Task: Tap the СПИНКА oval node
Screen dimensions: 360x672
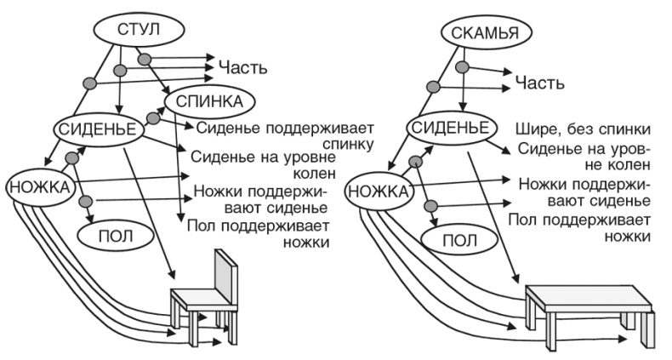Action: [209, 101]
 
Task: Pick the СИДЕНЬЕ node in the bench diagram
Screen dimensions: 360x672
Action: [447, 128]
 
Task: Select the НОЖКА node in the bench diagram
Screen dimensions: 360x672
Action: [379, 191]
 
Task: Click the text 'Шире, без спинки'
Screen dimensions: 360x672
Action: [583, 129]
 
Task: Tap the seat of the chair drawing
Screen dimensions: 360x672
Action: [198, 298]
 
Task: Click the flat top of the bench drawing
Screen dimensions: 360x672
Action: [587, 297]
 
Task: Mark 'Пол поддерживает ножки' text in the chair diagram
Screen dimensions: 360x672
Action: [259, 233]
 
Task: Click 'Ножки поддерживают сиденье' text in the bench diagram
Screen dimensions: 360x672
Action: [584, 192]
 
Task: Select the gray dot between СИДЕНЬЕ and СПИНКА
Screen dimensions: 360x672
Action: [154, 117]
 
